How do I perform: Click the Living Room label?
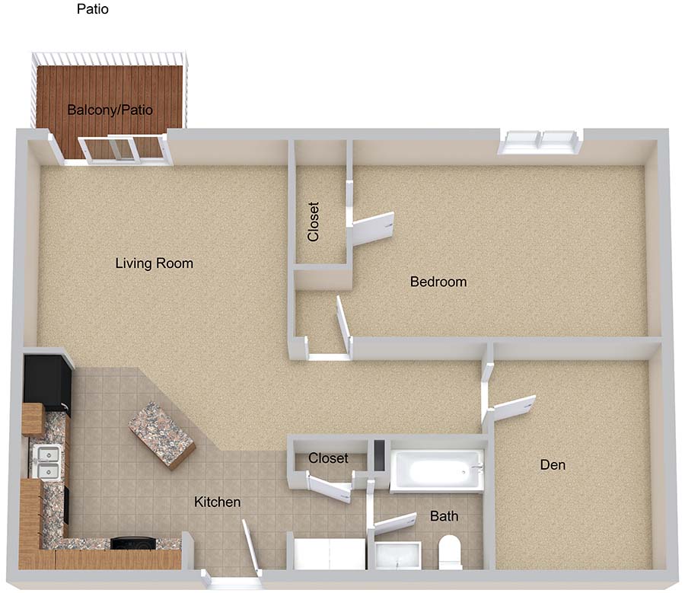pos(155,263)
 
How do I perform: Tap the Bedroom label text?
pos(438,282)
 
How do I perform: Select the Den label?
pos(553,464)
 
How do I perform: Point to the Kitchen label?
pos(217,502)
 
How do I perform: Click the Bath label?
pos(444,516)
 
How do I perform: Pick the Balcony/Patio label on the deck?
pos(110,110)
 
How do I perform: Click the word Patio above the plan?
pos(93,8)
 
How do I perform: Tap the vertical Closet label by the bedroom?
pos(314,222)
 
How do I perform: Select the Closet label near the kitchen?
pos(328,458)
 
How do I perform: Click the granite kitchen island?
pos(161,435)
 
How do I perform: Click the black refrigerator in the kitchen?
pos(47,380)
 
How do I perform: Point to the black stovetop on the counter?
pos(133,543)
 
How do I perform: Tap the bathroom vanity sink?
pos(397,556)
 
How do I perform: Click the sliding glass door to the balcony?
pos(123,150)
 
